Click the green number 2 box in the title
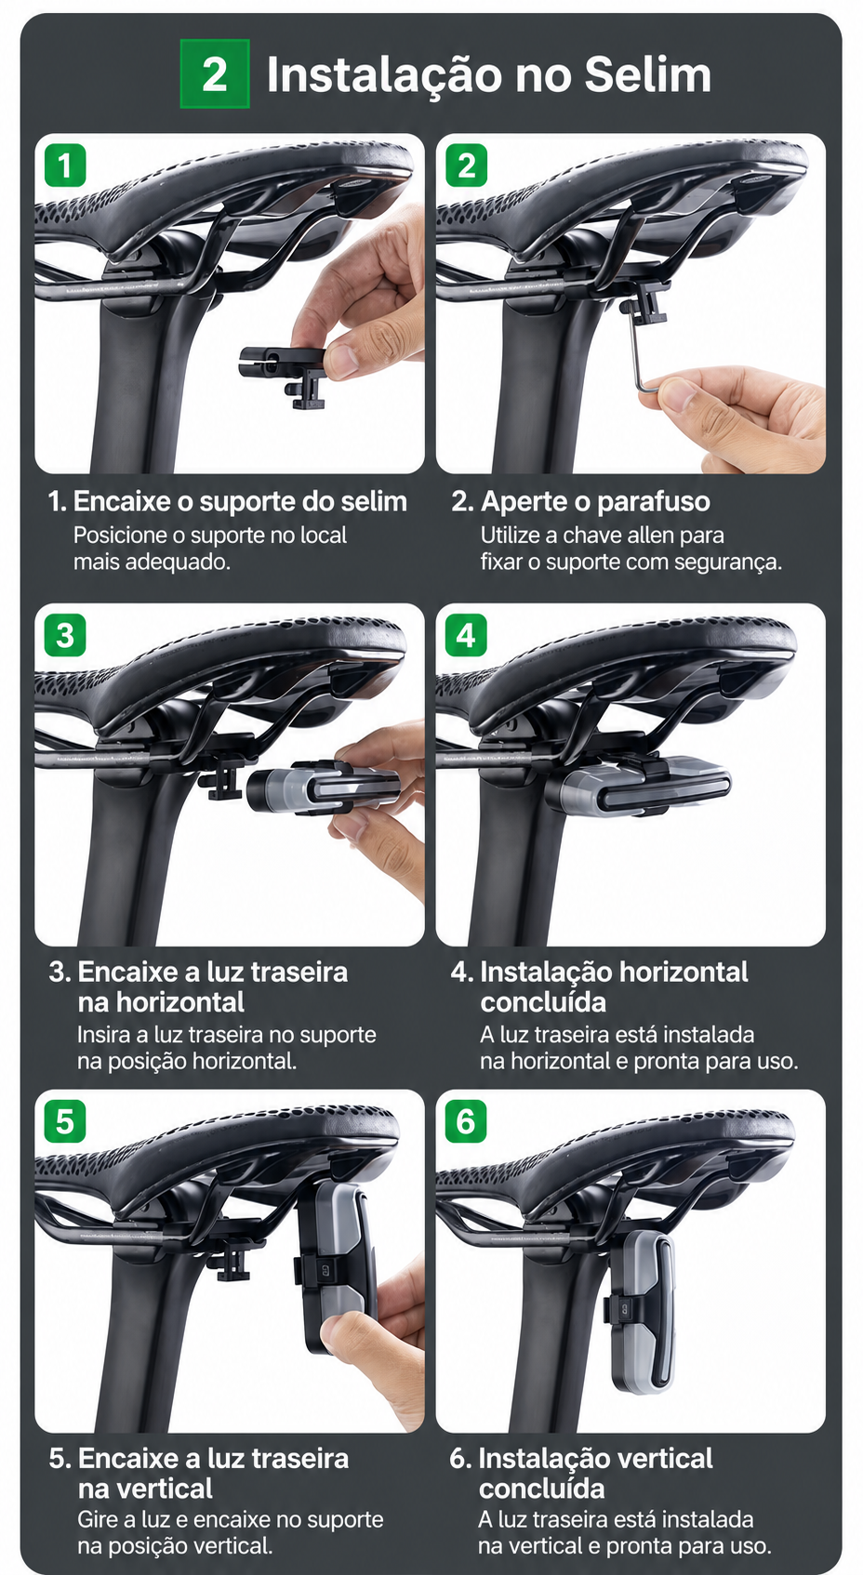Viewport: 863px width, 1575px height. [x=215, y=73]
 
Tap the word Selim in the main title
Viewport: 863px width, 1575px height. [x=647, y=74]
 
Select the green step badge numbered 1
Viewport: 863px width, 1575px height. [x=65, y=165]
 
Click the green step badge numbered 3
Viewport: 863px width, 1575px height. [x=65, y=635]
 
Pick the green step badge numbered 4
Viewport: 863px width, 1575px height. [x=466, y=635]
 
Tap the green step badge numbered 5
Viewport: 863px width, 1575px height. [x=65, y=1120]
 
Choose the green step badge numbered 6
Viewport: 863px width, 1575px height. [x=466, y=1120]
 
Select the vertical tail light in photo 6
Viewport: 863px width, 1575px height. [x=640, y=1312]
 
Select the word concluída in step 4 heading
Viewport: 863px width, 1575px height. [x=542, y=1001]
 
